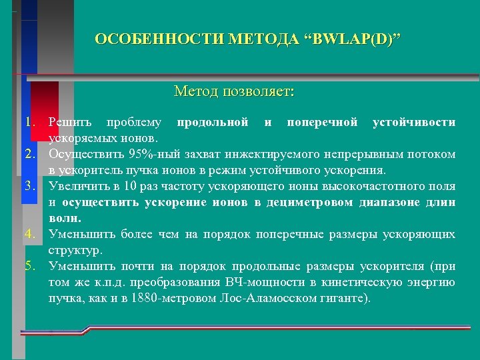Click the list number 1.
point(29,123)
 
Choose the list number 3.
point(29,185)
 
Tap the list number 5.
point(29,267)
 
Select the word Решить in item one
point(71,123)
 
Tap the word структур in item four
point(73,251)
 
